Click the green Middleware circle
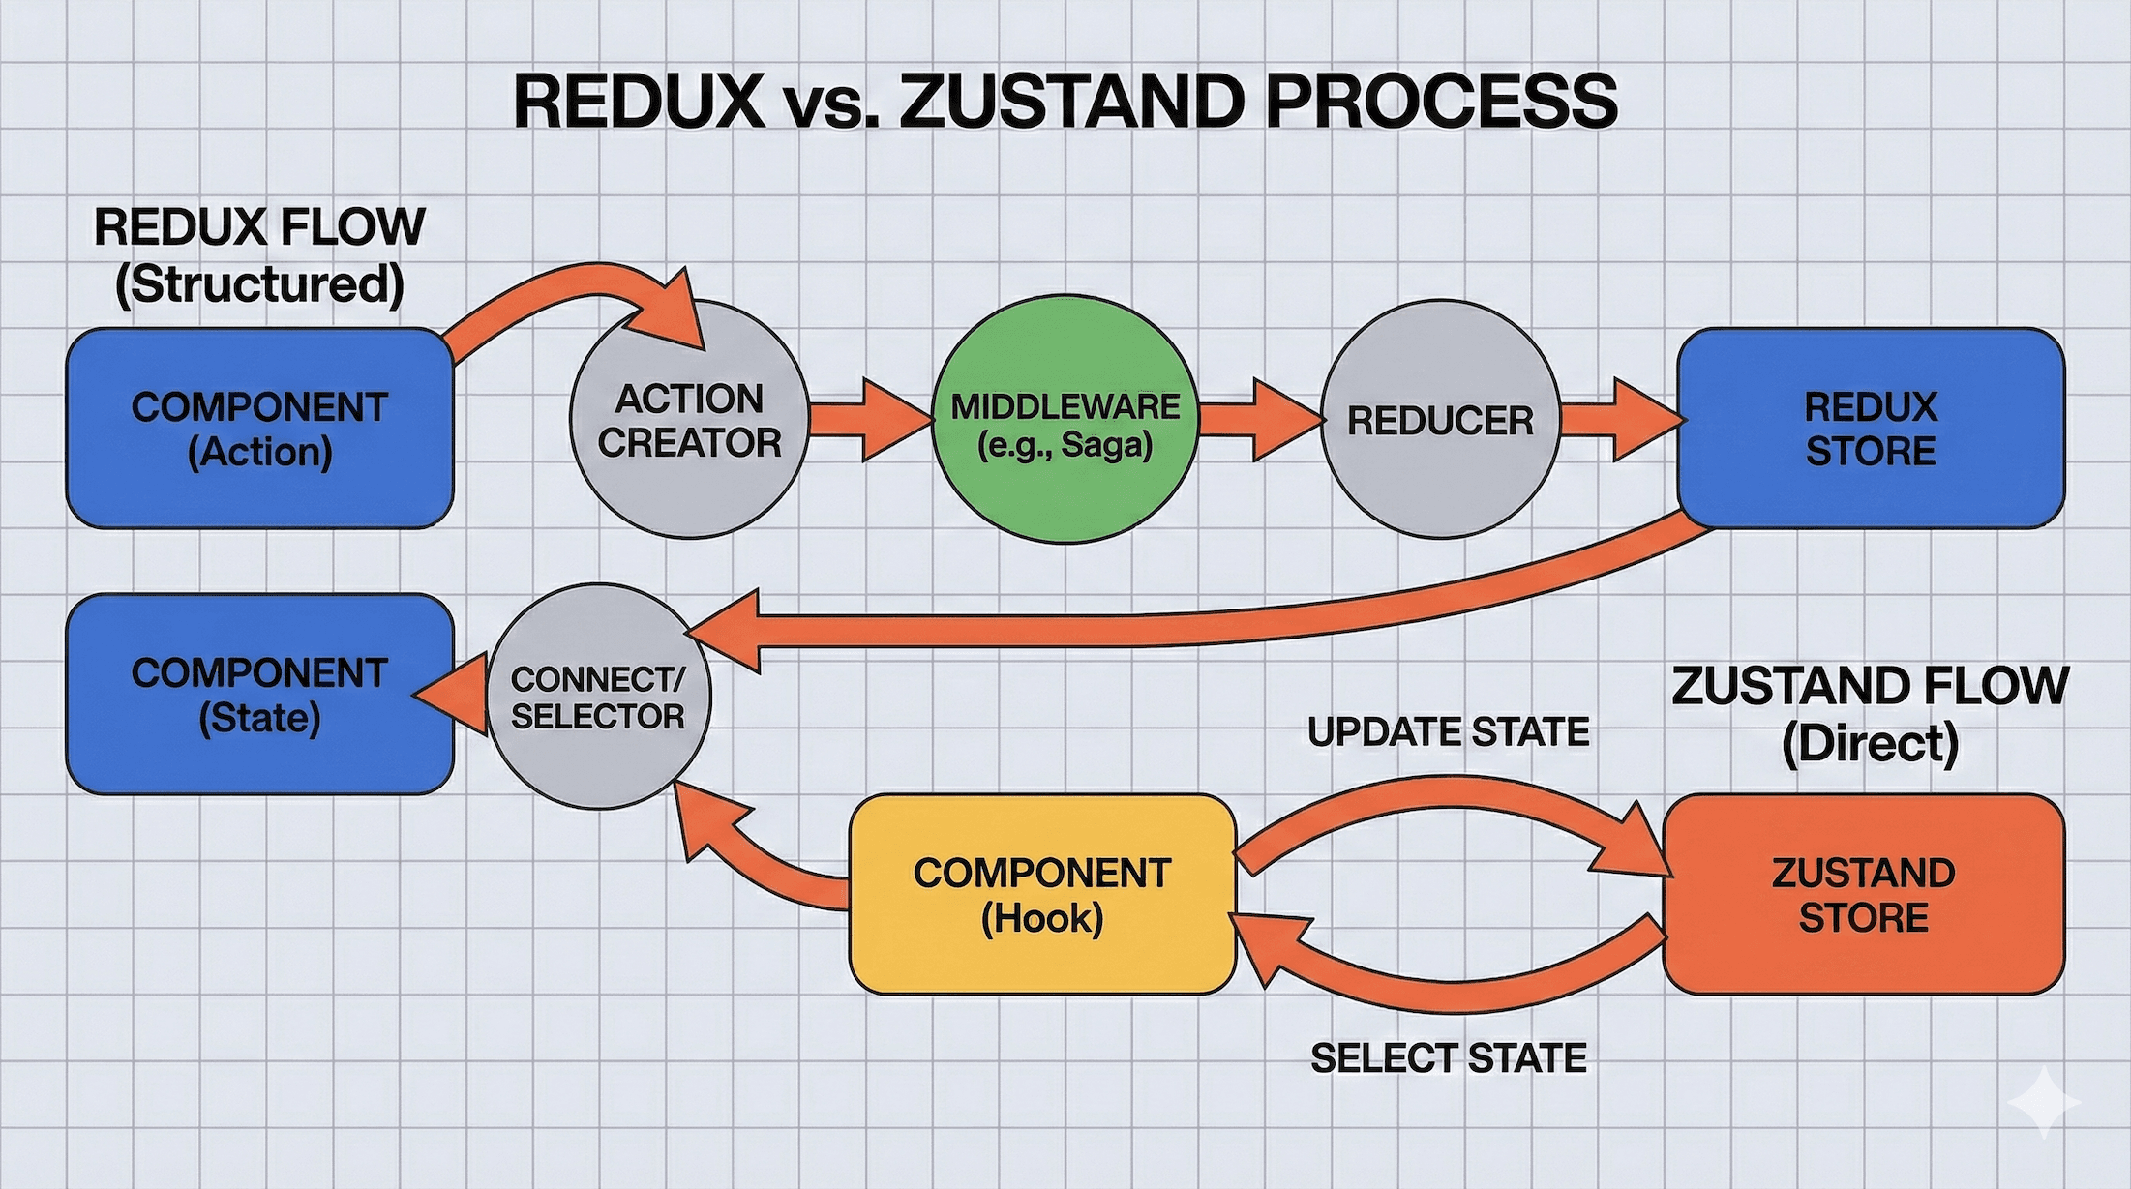[x=1065, y=420]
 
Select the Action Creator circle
[x=689, y=420]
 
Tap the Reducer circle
[x=1440, y=420]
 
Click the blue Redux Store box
[x=1870, y=429]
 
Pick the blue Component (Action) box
[x=259, y=429]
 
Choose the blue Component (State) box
[x=259, y=695]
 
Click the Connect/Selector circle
[x=598, y=697]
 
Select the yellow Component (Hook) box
[x=1042, y=895]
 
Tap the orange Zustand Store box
[x=1863, y=895]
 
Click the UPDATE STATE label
[x=1448, y=732]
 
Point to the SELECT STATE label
[x=1448, y=1058]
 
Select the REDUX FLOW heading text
[x=259, y=227]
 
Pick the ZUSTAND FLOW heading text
[x=1870, y=687]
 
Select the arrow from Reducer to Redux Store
[x=1621, y=420]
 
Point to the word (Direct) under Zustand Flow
[x=1870, y=744]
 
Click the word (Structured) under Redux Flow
[x=259, y=284]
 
